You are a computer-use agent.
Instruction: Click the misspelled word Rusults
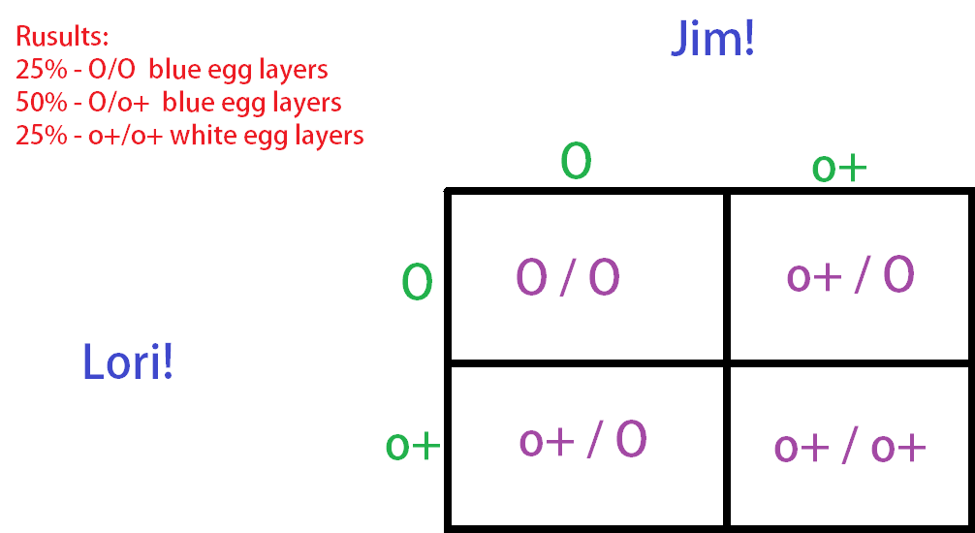pyautogui.click(x=62, y=39)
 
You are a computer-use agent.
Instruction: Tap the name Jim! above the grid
pyautogui.click(x=712, y=40)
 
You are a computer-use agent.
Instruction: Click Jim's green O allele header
pyautogui.click(x=576, y=163)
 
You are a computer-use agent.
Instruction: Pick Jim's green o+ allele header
pyautogui.click(x=838, y=168)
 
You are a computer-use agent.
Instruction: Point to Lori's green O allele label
pyautogui.click(x=417, y=283)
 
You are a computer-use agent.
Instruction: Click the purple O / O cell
pyautogui.click(x=568, y=277)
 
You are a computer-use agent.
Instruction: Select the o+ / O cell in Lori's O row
pyautogui.click(x=850, y=276)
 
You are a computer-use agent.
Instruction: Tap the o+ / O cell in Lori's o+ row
pyautogui.click(x=582, y=440)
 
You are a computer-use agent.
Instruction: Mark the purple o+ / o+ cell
pyautogui.click(x=850, y=447)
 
